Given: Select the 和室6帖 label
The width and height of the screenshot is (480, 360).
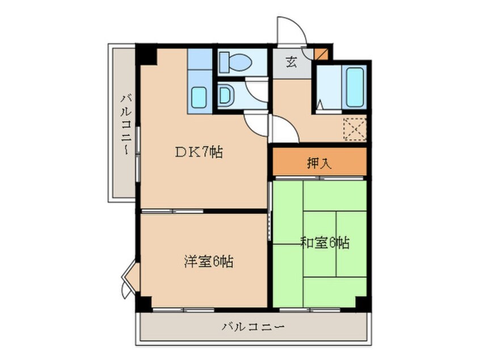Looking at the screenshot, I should tap(324, 243).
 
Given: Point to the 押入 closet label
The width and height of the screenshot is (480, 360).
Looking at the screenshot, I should tap(319, 164).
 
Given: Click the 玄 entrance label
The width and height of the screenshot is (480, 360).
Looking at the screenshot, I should tap(291, 62).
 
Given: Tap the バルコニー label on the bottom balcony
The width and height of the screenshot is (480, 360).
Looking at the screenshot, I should tap(252, 327).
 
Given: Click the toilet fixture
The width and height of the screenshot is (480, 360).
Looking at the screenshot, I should tap(234, 61).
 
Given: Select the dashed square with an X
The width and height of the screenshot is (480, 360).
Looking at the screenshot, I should tap(355, 129).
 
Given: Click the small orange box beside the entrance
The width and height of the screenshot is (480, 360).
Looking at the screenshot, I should tap(321, 55).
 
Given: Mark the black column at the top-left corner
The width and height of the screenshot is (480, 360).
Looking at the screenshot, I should tap(146, 55).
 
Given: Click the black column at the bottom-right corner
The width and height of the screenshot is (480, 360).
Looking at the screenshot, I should tap(363, 303).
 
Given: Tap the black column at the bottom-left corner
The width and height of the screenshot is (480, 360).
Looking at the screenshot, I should tap(144, 303).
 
